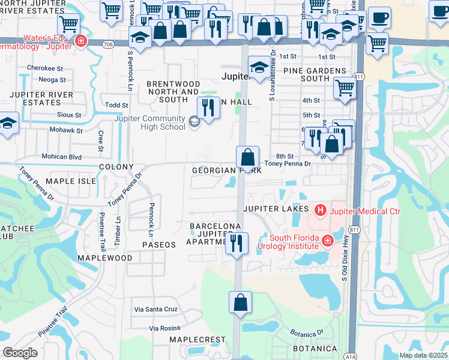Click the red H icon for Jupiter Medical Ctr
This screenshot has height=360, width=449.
click(321, 210)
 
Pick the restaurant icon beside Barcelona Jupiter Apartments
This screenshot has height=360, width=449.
click(237, 243)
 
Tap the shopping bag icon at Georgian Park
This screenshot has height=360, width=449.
click(247, 158)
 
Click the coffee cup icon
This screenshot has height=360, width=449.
click(379, 18)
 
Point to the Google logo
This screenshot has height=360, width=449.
click(20, 353)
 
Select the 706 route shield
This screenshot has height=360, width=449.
click(107, 44)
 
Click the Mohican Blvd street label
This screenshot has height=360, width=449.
click(61, 157)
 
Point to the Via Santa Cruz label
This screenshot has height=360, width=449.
click(155, 309)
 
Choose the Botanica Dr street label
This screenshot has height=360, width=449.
click(307, 334)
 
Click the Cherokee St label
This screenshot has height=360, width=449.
click(46, 68)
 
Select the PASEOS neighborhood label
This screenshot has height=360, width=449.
click(159, 245)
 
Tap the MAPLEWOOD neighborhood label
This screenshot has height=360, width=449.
click(105, 257)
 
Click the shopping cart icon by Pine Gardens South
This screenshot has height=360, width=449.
click(345, 88)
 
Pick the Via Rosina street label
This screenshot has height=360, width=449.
click(164, 328)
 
